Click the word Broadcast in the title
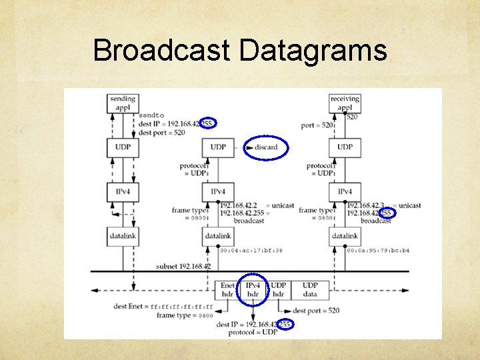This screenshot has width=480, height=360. pos(163,51)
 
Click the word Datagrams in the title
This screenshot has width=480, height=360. pos(313,51)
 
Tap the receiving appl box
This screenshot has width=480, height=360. pos(345,103)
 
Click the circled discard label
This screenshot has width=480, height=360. pos(266,147)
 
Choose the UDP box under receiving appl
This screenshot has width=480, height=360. pos(345,147)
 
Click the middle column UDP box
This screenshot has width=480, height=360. pos(217,147)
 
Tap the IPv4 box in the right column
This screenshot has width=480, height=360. pos(345,192)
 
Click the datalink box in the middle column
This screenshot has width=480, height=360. pos(217,236)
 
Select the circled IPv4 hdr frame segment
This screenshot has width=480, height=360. pos(253,289)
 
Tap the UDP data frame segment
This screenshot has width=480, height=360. pos(310,289)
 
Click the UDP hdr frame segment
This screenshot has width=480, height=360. pos(279,289)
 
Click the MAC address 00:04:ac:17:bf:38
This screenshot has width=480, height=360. pos(251,251)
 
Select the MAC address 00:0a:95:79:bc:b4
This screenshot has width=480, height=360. pos(378,251)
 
